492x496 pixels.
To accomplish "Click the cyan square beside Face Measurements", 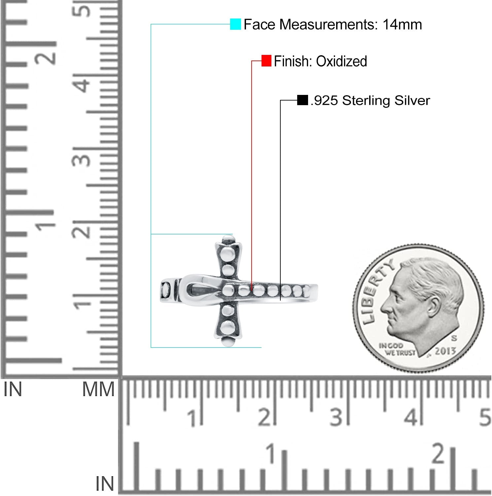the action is [x=235, y=24].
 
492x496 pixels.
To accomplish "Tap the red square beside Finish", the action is [x=266, y=61].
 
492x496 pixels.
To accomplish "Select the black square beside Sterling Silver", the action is [x=302, y=100].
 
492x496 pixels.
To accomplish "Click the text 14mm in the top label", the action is [x=402, y=24].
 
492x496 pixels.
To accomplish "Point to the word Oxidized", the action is [x=341, y=61].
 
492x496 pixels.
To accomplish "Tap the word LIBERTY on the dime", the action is [x=376, y=291].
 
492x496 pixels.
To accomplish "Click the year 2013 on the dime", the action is [x=445, y=351].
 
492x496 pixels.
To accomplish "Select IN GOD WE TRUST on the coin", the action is [x=397, y=349].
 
